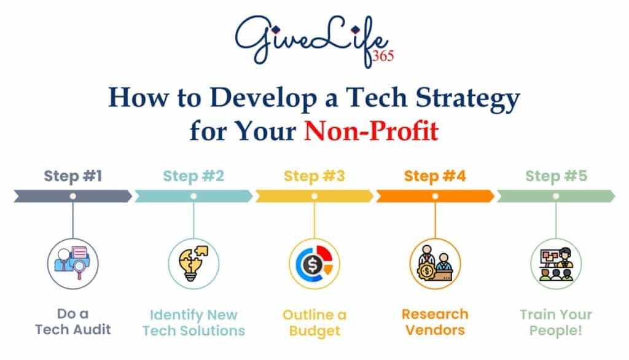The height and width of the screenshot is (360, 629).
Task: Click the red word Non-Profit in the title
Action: pos(370,131)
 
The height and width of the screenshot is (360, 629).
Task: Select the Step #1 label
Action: pos(72,176)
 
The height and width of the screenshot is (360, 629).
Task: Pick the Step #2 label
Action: pos(193,176)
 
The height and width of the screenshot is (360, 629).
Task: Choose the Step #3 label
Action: pos(314,176)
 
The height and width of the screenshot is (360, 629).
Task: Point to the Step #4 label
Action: pos(435,176)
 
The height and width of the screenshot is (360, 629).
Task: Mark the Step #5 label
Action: pos(556,176)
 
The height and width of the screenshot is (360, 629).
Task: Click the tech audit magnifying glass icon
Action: pos(73,263)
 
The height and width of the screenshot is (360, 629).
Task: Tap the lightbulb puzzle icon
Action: pos(193,263)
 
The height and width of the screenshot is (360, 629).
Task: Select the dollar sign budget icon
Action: pos(314,263)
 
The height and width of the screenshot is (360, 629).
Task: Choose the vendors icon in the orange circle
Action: pos(435,263)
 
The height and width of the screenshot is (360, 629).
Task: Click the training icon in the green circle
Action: pos(556,263)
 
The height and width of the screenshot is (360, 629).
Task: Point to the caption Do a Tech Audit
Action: pos(73,322)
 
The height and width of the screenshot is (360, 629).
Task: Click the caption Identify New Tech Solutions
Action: pos(193,323)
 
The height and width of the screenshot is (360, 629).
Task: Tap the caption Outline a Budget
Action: pos(314,323)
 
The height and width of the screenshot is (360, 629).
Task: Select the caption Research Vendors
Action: pos(435,322)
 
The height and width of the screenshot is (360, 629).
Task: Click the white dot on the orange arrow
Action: pos(435,196)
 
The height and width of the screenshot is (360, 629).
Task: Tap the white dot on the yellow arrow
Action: pos(314,196)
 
